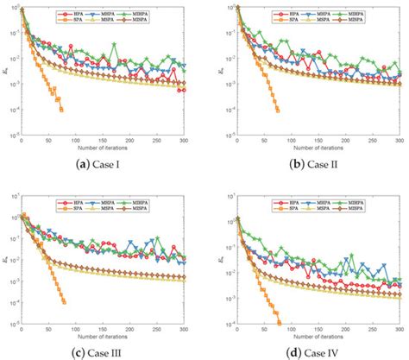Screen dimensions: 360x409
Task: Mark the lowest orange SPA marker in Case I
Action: [x=61, y=110]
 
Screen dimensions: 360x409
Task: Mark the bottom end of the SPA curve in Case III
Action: [x=64, y=301]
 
